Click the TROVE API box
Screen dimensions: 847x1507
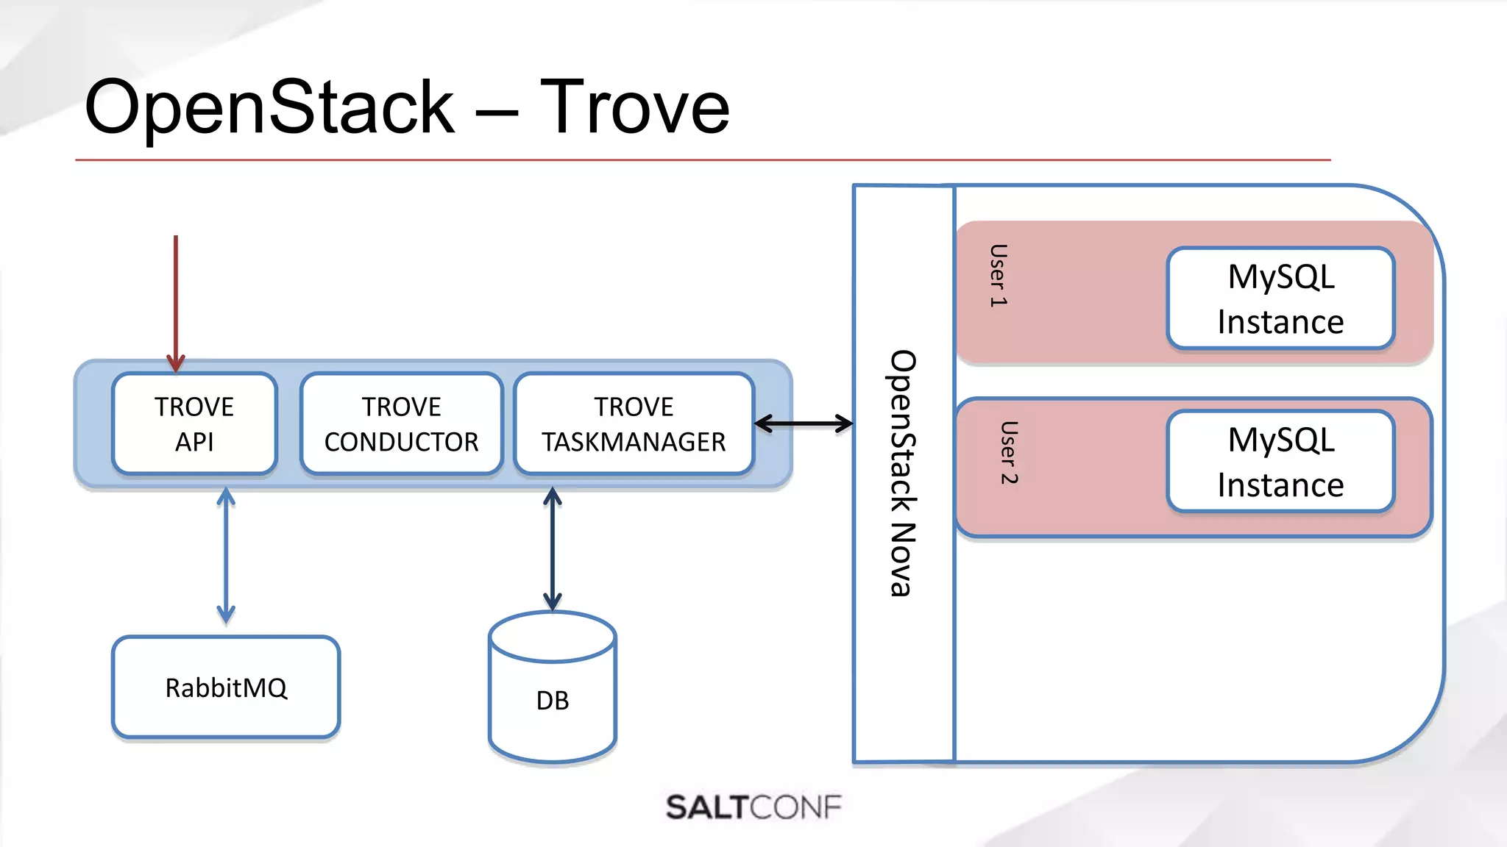(194, 423)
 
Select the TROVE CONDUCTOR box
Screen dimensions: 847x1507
(401, 423)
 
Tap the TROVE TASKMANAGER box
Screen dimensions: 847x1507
(634, 423)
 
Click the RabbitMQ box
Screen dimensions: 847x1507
(226, 687)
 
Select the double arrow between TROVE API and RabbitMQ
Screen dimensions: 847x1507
(226, 555)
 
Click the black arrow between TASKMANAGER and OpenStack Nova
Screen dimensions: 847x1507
(804, 423)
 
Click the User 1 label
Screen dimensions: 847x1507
(998, 275)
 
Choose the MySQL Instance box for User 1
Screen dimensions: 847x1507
(1280, 299)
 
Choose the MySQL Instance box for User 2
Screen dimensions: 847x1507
(1280, 462)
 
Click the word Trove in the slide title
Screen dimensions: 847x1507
(634, 107)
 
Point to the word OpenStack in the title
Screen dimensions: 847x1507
(269, 107)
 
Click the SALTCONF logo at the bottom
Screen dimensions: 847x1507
(753, 807)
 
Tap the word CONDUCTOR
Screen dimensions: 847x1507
(401, 442)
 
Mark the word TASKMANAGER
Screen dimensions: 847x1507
(634, 442)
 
